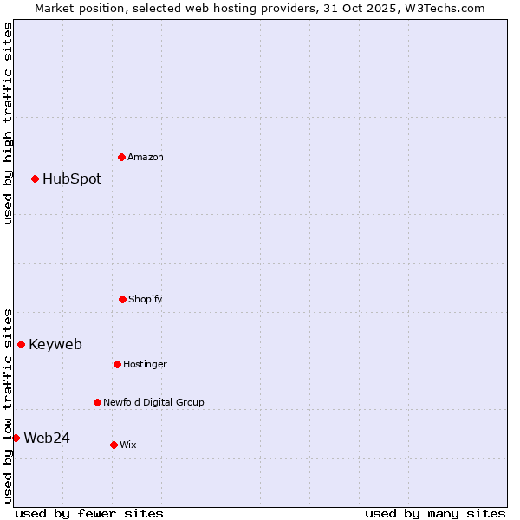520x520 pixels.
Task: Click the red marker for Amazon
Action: coord(122,157)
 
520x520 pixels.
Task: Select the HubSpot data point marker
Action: coord(36,179)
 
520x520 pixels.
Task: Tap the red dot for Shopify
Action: coord(122,299)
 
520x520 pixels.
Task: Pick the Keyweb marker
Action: coord(22,344)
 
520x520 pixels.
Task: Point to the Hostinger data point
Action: coord(117,364)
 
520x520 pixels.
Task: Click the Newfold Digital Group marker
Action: coord(97,402)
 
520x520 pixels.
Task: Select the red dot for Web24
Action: coord(16,438)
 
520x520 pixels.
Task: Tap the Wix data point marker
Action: coord(114,445)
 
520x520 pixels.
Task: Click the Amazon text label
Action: coord(146,157)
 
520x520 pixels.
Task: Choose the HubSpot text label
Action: coord(72,179)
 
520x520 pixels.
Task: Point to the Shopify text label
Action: coord(146,299)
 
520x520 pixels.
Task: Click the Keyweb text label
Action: coord(55,344)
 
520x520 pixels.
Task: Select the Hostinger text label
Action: coord(145,364)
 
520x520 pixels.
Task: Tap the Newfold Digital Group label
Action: coord(153,402)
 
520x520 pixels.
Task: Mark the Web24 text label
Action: coord(47,438)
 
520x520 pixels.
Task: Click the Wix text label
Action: coord(128,445)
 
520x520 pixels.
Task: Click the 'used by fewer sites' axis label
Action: coord(89,513)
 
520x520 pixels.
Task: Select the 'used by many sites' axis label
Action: coord(435,513)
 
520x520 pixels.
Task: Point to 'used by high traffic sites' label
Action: coord(8,123)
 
